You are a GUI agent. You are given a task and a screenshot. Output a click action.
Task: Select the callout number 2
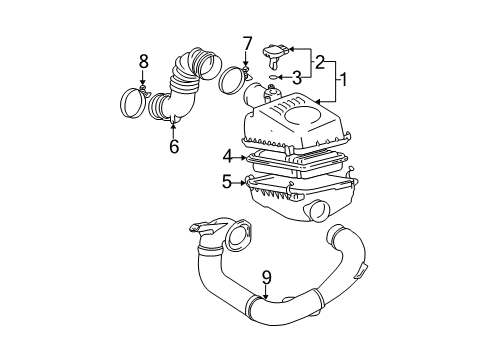321,62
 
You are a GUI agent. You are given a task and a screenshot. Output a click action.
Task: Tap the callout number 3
297,77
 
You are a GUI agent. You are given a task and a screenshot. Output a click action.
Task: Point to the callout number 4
227,155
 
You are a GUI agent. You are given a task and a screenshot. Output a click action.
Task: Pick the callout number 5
227,182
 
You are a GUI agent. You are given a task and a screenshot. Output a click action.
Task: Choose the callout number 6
174,146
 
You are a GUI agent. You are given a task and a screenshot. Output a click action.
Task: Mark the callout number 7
246,43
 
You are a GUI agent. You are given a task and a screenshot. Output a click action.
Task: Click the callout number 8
143,62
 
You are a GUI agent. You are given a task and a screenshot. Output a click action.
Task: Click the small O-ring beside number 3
275,76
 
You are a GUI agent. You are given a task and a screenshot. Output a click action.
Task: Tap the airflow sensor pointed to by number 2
275,53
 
